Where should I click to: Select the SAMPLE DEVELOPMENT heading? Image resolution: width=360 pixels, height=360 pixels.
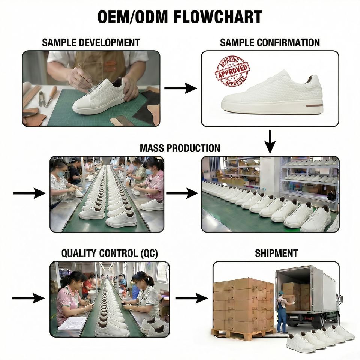[x=91, y=42]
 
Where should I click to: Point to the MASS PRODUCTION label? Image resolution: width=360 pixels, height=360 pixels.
[x=180, y=148]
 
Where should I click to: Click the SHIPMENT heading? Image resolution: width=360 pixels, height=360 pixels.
[x=276, y=253]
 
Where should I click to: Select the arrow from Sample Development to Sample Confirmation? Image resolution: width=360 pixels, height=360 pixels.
[x=180, y=88]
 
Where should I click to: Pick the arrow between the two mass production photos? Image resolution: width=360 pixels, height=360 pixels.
[x=182, y=193]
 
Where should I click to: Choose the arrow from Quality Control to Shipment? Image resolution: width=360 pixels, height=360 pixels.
[x=191, y=298]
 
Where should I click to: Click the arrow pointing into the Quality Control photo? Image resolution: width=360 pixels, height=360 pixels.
[x=28, y=298]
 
